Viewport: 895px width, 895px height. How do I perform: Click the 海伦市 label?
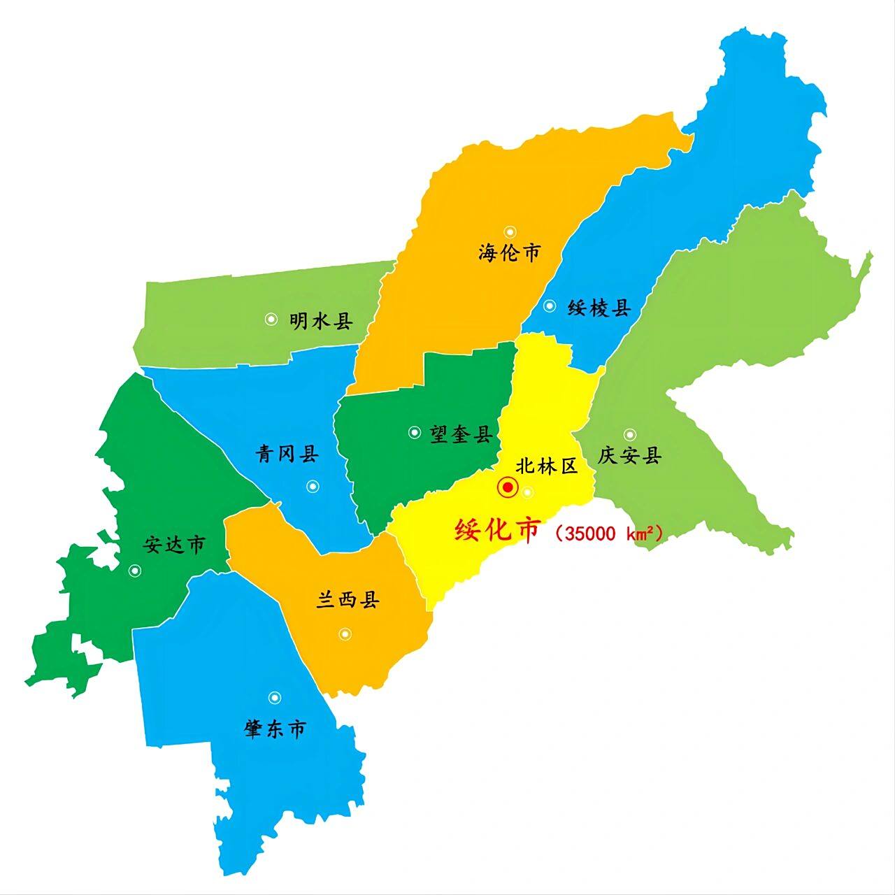click(x=510, y=252)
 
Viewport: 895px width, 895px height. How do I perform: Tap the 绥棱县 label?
click(x=599, y=308)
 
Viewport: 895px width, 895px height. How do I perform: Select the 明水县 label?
click(x=321, y=321)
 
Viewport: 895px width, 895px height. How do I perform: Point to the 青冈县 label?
click(x=287, y=454)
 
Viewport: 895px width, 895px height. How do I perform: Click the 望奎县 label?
click(x=461, y=434)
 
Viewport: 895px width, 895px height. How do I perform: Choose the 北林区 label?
click(x=547, y=466)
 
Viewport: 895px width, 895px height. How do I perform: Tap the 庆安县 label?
click(x=629, y=457)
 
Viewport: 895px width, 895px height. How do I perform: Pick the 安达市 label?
click(x=174, y=545)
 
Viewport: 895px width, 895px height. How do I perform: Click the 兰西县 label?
click(x=348, y=600)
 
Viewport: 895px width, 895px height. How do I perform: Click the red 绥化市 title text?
click(x=497, y=531)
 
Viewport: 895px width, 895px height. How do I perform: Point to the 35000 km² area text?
click(x=607, y=534)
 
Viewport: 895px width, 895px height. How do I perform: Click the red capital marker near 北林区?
click(x=508, y=487)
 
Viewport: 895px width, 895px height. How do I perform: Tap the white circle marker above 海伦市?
click(x=510, y=231)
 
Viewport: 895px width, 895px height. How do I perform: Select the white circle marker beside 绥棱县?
click(x=550, y=306)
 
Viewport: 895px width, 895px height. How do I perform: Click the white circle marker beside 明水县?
click(x=271, y=319)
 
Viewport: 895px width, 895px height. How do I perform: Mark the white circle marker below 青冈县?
click(x=312, y=486)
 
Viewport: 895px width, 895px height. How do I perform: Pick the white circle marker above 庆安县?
click(x=630, y=434)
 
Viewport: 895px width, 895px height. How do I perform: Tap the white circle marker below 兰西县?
click(x=345, y=634)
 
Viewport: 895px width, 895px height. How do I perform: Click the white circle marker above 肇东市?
click(x=275, y=697)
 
